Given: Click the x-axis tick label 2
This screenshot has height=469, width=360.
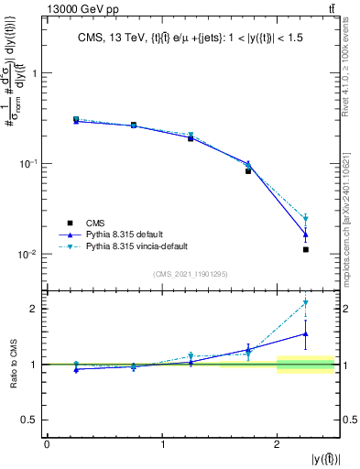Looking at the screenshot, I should [x=278, y=444].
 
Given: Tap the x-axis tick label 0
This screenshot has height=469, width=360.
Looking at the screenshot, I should [x=47, y=444].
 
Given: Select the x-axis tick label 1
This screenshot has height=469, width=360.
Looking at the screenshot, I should [x=162, y=444].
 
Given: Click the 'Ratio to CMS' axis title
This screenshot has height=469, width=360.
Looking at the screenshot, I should [x=12, y=365].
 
